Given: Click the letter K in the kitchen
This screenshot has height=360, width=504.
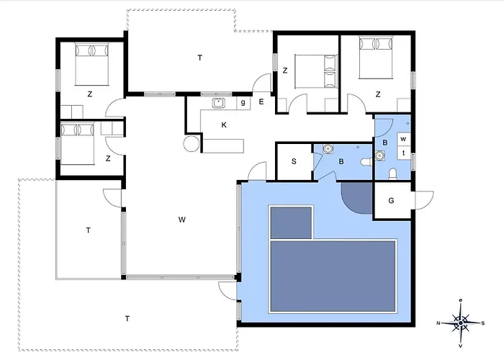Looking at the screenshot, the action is [x=224, y=125].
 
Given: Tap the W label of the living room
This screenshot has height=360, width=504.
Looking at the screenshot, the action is [x=182, y=220].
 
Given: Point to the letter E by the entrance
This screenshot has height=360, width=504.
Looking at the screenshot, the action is [x=261, y=102].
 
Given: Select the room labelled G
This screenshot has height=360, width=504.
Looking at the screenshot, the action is [x=391, y=201].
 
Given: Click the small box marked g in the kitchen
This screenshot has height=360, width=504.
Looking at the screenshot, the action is [x=243, y=103].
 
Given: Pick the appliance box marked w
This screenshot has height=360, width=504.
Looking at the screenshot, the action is [x=403, y=139].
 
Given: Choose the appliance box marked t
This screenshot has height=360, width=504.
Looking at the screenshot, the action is [x=403, y=153].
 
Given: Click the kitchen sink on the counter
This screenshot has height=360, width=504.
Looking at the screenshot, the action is [x=219, y=103].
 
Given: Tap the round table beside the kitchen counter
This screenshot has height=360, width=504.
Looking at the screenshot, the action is [x=192, y=143].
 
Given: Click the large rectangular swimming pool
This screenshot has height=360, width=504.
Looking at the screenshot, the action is [x=333, y=276].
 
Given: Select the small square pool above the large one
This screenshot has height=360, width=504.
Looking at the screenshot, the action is [x=291, y=222].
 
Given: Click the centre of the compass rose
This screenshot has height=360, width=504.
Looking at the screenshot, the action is [x=461, y=323].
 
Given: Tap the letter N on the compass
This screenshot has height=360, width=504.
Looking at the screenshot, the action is [x=438, y=323].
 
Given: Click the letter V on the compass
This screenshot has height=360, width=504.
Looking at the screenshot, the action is [x=461, y=346].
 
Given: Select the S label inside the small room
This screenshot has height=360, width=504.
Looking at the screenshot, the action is [x=294, y=161].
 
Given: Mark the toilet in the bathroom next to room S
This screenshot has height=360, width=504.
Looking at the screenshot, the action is [x=366, y=162].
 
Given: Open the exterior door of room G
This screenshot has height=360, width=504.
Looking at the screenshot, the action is [x=423, y=200].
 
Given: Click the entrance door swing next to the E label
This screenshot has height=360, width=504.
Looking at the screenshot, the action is [x=262, y=83].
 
